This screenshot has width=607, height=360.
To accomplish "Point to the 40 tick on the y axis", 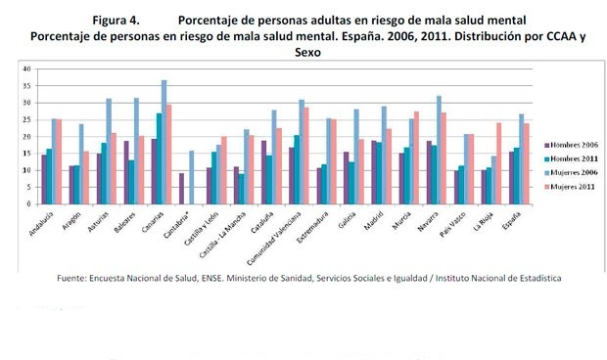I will point(27,68).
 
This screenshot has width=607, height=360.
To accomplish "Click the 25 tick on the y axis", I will point(27,119).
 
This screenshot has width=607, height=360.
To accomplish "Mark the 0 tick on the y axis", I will point(29,204).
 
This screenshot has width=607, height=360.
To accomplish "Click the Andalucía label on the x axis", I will point(42,227).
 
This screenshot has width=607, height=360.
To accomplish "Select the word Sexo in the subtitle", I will point(309,54).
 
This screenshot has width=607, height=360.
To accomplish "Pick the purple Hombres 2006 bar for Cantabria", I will point(182,189).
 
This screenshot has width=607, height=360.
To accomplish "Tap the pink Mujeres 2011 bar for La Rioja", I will point(498,163).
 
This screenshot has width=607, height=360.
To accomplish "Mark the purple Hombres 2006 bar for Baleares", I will point(126,172).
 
